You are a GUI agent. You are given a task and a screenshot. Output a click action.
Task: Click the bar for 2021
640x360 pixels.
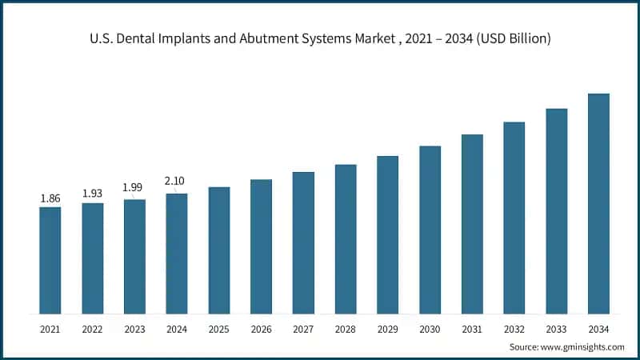click(50, 260)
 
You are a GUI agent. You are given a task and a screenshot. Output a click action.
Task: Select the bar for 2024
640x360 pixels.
click(177, 254)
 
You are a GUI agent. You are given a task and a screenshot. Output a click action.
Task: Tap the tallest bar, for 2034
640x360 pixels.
click(598, 204)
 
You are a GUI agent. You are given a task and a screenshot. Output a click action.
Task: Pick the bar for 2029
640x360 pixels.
click(387, 234)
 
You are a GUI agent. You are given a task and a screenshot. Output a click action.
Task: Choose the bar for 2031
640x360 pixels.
click(472, 224)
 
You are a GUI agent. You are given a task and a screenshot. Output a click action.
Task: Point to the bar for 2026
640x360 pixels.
click(261, 246)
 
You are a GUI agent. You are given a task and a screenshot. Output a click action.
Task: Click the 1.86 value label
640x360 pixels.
click(50, 198)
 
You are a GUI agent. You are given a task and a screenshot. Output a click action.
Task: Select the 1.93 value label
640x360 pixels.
click(93, 194)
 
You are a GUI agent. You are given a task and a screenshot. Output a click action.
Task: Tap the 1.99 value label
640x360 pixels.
click(134, 187)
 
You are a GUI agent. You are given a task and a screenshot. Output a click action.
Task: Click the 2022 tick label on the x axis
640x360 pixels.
click(93, 328)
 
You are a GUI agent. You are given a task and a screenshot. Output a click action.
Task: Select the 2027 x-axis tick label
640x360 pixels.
click(303, 328)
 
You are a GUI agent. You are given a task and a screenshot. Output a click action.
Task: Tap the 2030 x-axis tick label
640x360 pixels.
click(430, 328)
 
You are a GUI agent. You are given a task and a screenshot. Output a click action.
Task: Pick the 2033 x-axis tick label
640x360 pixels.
click(556, 328)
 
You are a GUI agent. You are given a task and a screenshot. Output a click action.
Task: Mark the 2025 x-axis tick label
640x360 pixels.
click(219, 328)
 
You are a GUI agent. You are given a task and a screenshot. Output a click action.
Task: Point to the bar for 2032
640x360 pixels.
click(514, 218)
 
